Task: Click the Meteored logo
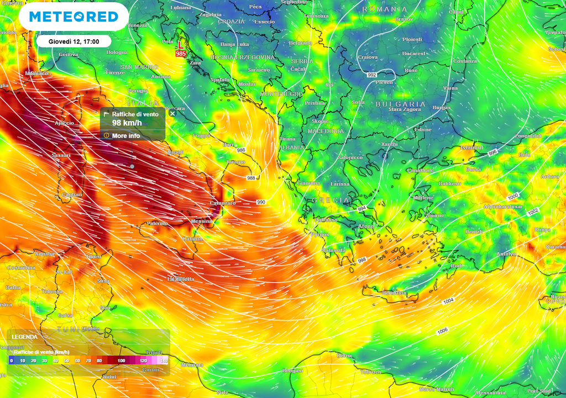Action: [74, 17]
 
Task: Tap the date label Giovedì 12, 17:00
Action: [73, 41]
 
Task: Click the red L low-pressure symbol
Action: [180, 45]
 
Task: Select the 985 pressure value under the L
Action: [181, 54]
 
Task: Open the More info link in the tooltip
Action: [126, 135]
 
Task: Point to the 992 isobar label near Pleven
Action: [371, 75]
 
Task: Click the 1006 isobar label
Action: [442, 331]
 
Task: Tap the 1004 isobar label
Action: [448, 301]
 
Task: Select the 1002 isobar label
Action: [533, 212]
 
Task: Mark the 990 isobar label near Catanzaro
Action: [261, 202]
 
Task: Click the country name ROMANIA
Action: [385, 9]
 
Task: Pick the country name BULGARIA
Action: [401, 104]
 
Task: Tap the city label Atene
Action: [366, 226]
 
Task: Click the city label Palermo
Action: [157, 223]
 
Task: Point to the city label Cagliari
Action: [72, 195]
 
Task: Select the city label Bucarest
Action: [413, 54]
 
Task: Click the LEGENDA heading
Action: [25, 336]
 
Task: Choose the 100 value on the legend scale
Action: [120, 360]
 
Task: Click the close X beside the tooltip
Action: [172, 113]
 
